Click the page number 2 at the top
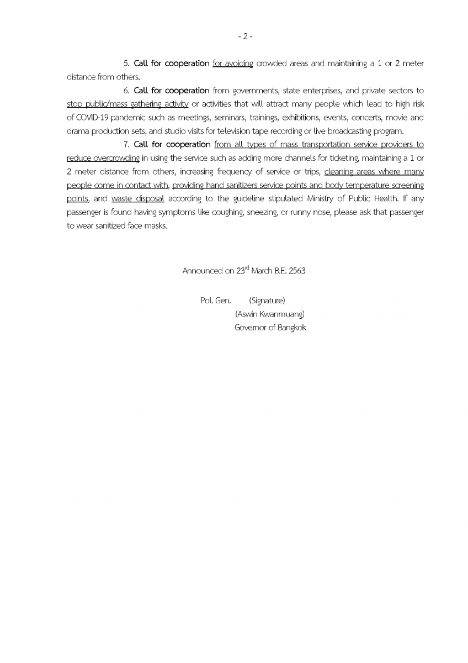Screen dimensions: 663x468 click(245, 37)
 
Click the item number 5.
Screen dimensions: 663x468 click(126, 64)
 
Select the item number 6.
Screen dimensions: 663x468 click(126, 91)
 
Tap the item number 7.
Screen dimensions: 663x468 click(126, 144)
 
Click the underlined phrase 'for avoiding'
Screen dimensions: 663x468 click(232, 64)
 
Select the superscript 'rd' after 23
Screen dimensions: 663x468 click(247, 268)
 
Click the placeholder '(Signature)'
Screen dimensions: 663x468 click(267, 301)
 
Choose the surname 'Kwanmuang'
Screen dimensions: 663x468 click(282, 314)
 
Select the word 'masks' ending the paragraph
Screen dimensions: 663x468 click(155, 224)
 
